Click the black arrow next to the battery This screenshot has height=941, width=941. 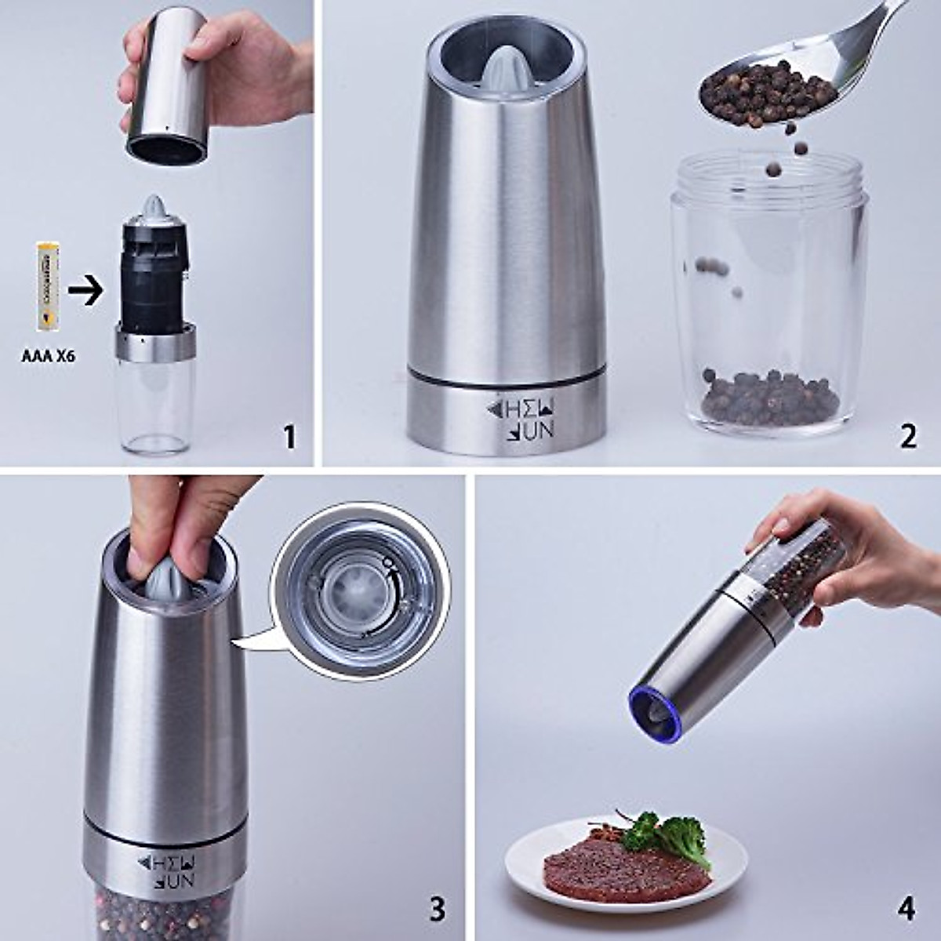pyautogui.click(x=85, y=292)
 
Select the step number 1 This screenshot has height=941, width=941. pyautogui.click(x=289, y=436)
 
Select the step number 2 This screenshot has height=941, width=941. pyautogui.click(x=908, y=436)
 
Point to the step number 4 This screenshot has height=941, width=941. pyautogui.click(x=906, y=910)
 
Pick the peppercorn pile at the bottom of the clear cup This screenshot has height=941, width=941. pyautogui.click(x=768, y=398)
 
